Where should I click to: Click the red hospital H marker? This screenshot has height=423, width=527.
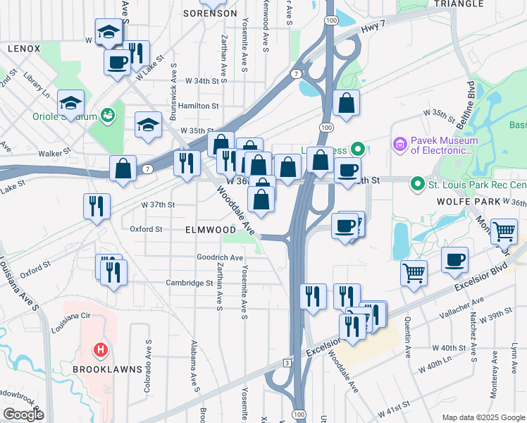tap(101, 349)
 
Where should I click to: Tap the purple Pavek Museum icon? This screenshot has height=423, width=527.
tap(400, 145)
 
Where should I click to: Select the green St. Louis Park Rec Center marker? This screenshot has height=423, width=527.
tap(418, 185)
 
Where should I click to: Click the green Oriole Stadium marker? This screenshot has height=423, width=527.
tap(107, 115)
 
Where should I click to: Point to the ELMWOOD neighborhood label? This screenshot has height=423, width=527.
tap(211, 230)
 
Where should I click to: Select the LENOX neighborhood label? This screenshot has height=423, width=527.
tap(25, 49)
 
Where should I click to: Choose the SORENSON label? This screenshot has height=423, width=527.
tap(205, 13)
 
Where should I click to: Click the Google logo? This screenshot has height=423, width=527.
tap(23, 415)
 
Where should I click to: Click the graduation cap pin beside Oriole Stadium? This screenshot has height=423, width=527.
tap(70, 103)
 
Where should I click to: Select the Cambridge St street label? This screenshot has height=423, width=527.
tap(189, 283)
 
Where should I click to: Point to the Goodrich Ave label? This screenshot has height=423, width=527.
tap(219, 257)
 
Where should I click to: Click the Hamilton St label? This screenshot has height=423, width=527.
tap(199, 106)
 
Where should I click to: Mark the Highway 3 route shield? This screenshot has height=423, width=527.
tap(287, 362)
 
